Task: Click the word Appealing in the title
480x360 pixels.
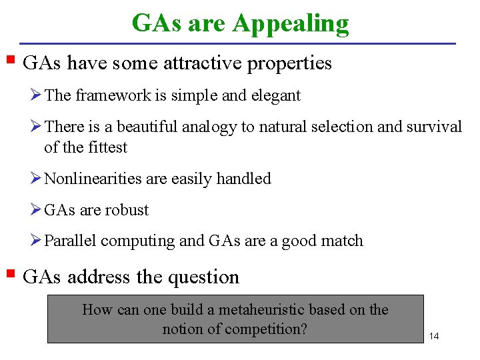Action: (x=290, y=24)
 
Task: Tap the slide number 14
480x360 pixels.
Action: (x=434, y=335)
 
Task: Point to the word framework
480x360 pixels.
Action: (x=112, y=95)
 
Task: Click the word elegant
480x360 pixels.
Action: (x=275, y=95)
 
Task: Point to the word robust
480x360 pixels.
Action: (x=127, y=210)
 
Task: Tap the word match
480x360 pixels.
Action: (x=341, y=241)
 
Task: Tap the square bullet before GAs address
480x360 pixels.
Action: (x=10, y=273)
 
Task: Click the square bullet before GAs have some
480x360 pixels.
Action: (x=10, y=60)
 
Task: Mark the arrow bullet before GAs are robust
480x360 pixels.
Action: (x=36, y=210)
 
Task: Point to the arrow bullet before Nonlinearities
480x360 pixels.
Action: (x=36, y=179)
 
